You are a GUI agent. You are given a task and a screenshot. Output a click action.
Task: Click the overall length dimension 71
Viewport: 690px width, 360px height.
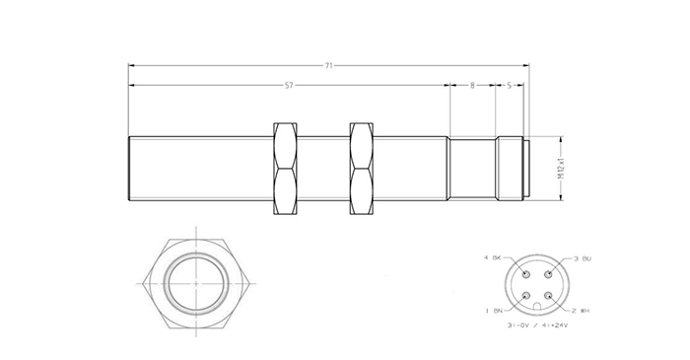(329, 65)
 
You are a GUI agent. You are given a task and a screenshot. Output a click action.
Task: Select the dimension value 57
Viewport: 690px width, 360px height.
(288, 86)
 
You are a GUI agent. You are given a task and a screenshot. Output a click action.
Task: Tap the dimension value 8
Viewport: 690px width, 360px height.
(473, 86)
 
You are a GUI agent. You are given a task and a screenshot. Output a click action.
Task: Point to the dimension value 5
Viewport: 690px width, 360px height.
(509, 86)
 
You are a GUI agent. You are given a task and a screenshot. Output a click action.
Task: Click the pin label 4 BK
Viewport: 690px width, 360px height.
(492, 257)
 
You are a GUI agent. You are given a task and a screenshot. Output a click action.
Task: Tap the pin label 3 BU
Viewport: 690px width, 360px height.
(580, 257)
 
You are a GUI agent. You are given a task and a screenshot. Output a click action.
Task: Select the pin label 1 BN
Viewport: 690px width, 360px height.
(492, 311)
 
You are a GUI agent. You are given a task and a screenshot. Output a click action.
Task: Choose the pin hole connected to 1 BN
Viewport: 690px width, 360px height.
(525, 297)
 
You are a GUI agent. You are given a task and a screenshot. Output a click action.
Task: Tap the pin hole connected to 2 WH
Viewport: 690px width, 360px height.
(548, 297)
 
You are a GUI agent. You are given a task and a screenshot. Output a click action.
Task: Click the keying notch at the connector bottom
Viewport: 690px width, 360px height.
(536, 307)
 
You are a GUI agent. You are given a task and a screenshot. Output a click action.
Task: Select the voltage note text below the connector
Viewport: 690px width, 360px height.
(536, 324)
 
